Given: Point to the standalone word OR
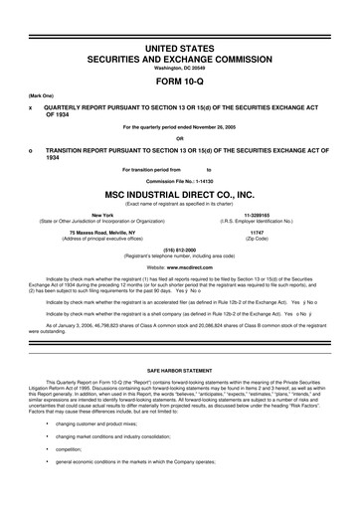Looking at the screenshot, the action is click(x=180, y=137).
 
